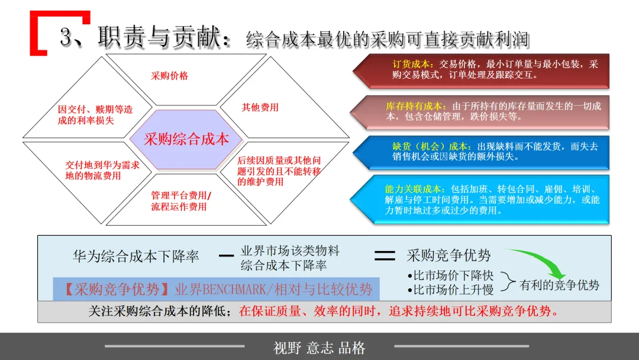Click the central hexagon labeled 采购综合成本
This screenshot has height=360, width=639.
click(186, 140)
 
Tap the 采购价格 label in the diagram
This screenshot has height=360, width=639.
click(169, 76)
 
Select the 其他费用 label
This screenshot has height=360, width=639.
click(260, 107)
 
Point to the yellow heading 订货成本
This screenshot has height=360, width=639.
click(413, 65)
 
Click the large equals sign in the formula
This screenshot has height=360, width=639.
click(385, 256)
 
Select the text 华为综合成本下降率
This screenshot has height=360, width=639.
click(135, 256)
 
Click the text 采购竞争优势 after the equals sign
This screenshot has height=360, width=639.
click(448, 255)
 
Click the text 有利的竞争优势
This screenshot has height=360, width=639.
click(559, 285)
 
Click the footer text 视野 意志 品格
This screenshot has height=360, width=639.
click(319, 348)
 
